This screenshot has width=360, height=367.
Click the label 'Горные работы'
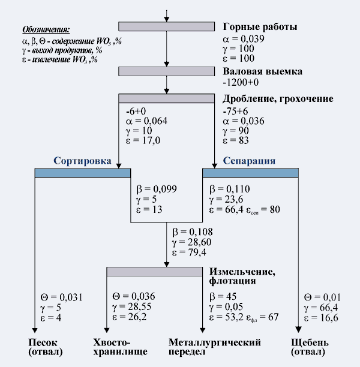(x=260, y=27)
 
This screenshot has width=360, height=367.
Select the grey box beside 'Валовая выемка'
(x=166, y=71)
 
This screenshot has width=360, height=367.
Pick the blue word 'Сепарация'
(x=249, y=161)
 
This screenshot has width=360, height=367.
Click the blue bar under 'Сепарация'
(x=250, y=173)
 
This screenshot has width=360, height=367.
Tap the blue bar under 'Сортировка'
(x=83, y=173)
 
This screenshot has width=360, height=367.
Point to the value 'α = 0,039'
(x=243, y=39)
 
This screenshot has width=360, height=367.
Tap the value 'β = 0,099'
(x=157, y=189)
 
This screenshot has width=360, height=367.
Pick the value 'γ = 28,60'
(x=193, y=242)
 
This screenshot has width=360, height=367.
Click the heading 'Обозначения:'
(x=46, y=29)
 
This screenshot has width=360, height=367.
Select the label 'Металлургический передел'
(x=214, y=347)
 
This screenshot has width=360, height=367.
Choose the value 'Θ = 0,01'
(x=323, y=296)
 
